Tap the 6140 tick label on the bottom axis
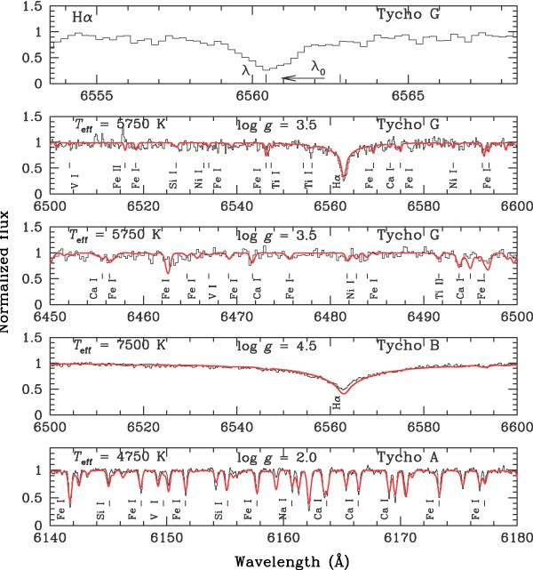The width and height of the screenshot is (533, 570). (52, 540)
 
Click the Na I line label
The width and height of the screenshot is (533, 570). (282, 514)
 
